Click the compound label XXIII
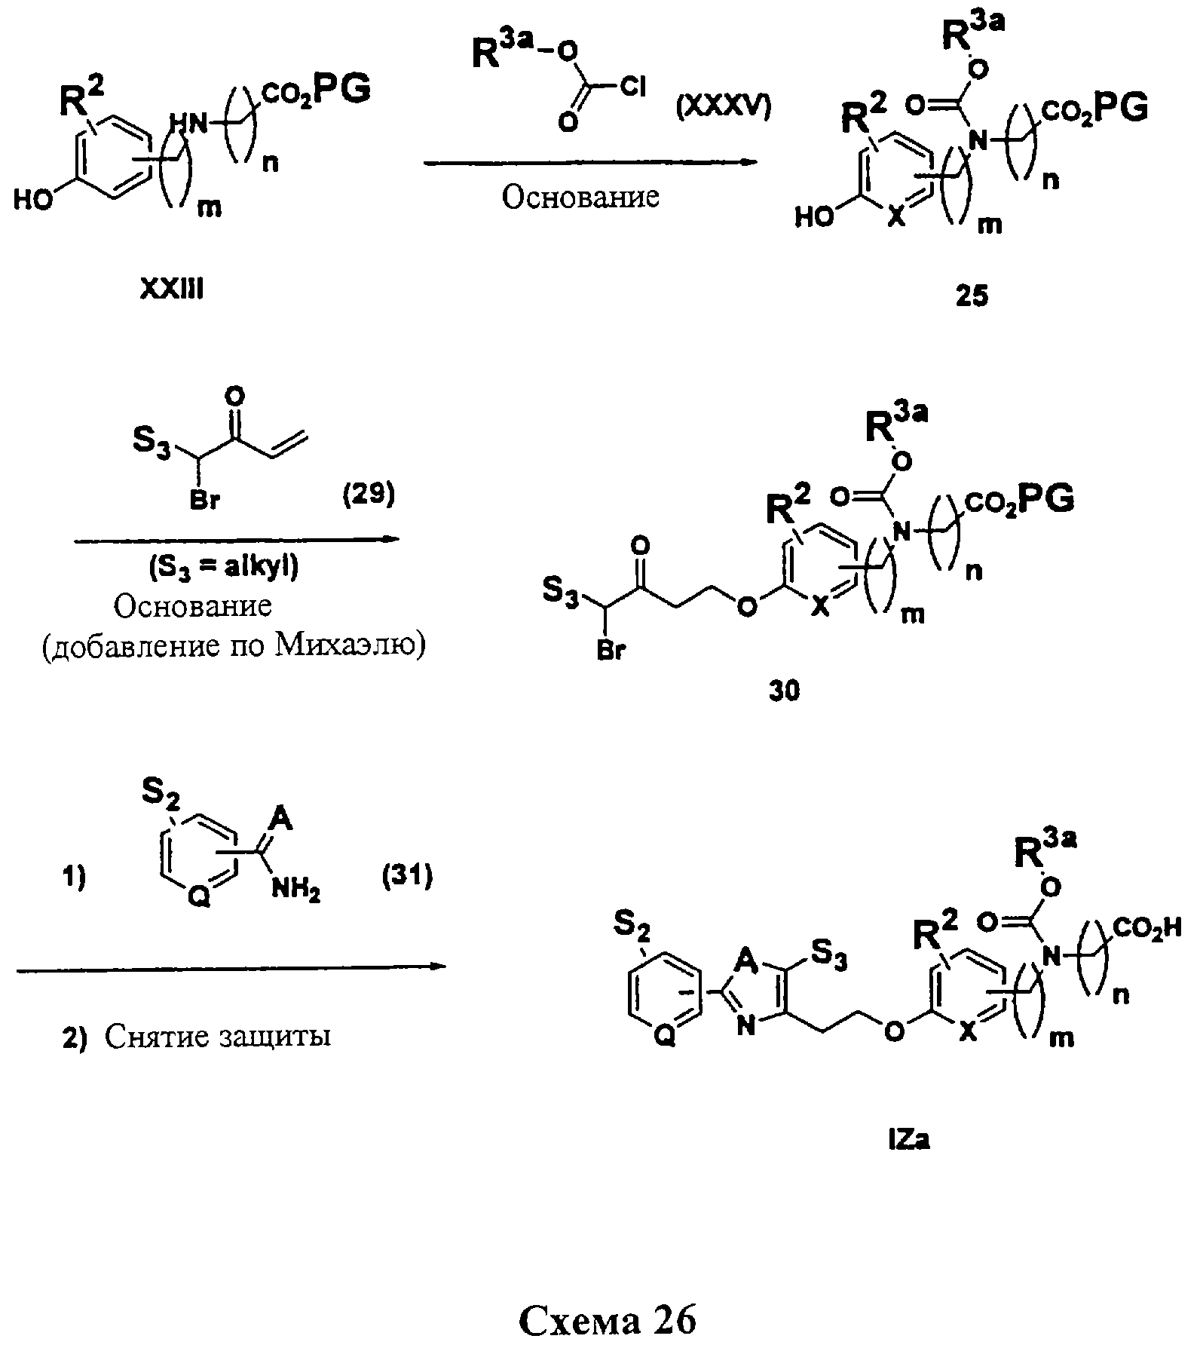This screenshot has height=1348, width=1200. click(171, 290)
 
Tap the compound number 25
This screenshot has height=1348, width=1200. click(972, 296)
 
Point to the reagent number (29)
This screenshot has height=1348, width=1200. click(369, 496)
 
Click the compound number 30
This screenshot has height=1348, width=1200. click(785, 691)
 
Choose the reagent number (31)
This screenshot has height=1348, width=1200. click(407, 876)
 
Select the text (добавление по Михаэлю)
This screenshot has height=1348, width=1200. click(233, 646)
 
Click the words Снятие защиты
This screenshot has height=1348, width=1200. click(218, 1037)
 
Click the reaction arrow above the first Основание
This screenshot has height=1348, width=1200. click(590, 163)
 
